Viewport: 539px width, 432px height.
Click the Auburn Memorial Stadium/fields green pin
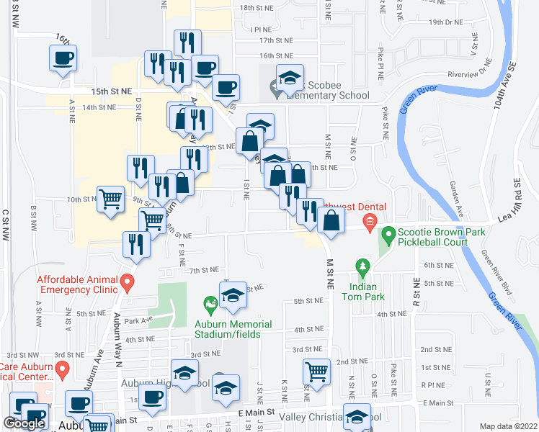click(210, 306)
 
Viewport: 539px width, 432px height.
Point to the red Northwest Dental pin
click(370, 220)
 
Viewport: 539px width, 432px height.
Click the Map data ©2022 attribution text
click(509, 426)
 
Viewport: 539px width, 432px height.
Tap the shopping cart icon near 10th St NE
click(110, 199)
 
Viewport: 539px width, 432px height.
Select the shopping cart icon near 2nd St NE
click(316, 372)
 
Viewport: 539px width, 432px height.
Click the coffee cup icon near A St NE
click(63, 57)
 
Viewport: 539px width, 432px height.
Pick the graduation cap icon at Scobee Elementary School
click(289, 77)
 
